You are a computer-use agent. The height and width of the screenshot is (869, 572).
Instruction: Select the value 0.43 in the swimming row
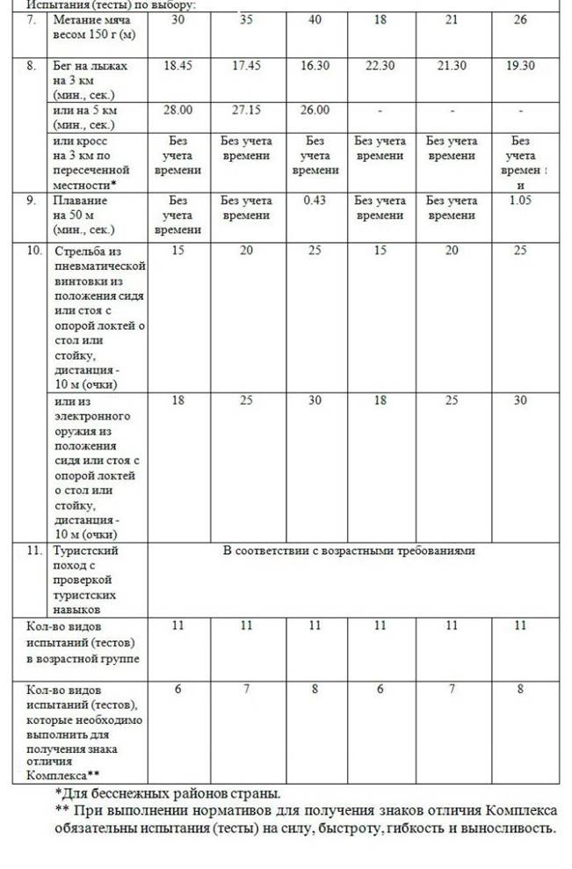click(x=315, y=201)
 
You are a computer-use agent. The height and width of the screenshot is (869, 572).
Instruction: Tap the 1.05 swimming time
click(x=520, y=201)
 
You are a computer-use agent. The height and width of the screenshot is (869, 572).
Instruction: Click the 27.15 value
click(x=246, y=110)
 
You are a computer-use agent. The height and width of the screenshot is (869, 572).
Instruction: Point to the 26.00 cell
click(x=315, y=110)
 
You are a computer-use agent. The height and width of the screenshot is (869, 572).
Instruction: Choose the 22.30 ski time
click(x=380, y=66)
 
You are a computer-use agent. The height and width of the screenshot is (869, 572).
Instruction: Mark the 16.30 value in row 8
click(x=315, y=66)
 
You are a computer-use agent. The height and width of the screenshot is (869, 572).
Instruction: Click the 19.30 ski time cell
click(x=520, y=66)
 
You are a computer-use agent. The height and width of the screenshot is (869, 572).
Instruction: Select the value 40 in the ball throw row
click(x=315, y=19)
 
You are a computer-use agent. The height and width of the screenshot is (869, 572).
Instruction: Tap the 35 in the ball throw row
click(x=246, y=19)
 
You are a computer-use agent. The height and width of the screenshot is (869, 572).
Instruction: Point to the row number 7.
click(x=32, y=19)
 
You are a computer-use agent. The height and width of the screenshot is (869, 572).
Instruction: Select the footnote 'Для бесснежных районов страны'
click(x=170, y=792)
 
